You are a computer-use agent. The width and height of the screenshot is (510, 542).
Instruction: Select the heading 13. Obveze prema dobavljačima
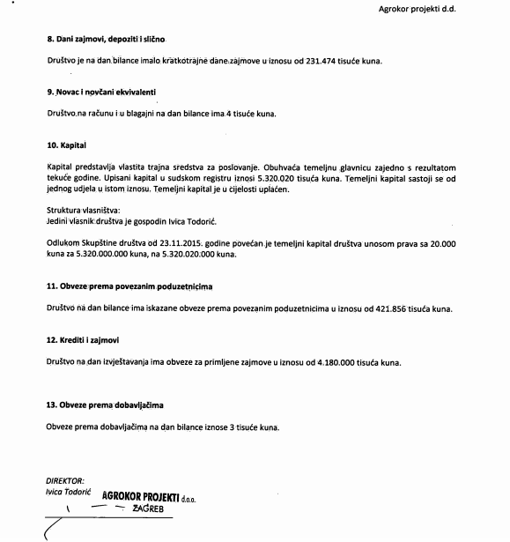coord(105,405)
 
